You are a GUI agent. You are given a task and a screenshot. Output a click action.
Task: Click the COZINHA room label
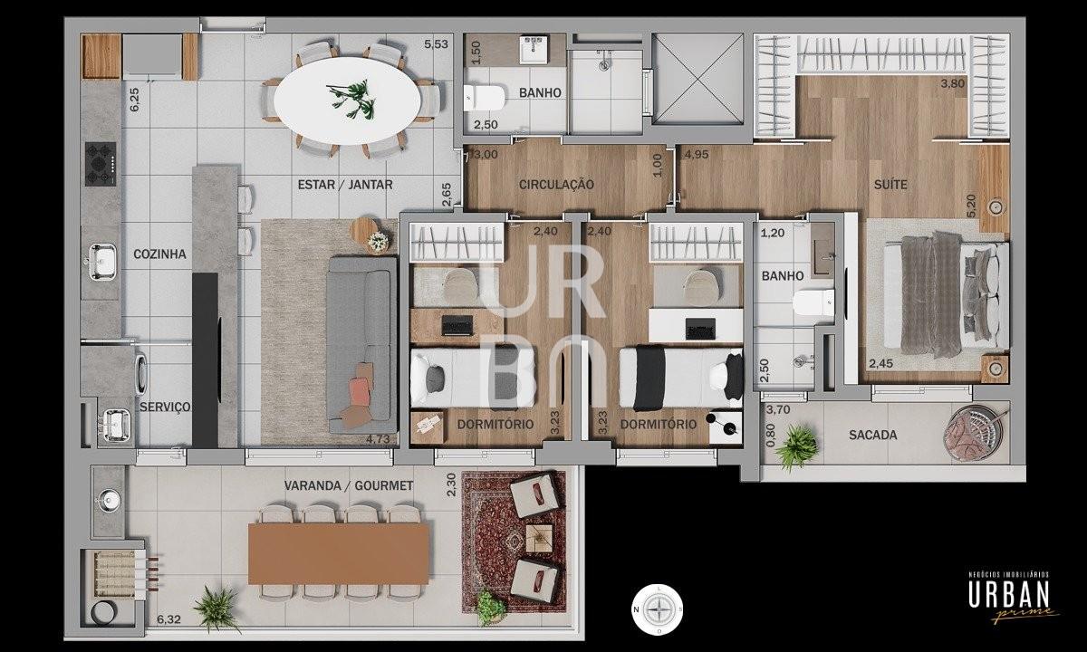(159, 254)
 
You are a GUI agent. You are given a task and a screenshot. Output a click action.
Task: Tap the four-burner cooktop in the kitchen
(101, 164)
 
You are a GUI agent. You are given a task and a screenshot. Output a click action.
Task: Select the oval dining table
(347, 101)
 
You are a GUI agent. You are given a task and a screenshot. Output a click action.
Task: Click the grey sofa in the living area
(362, 345)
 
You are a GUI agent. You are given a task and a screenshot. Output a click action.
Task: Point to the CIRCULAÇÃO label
(556, 185)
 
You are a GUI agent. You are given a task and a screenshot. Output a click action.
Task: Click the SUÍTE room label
(890, 185)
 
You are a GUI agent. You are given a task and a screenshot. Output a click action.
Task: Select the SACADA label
(872, 436)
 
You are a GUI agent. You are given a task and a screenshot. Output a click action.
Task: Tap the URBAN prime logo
(1009, 597)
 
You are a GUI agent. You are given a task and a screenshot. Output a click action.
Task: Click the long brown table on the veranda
(339, 553)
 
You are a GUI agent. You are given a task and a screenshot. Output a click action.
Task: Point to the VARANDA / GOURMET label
(349, 485)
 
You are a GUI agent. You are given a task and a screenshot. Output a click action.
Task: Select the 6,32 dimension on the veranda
(168, 619)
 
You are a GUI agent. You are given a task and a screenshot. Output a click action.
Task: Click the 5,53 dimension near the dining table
(436, 44)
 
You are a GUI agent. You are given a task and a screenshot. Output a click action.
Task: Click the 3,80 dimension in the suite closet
(953, 83)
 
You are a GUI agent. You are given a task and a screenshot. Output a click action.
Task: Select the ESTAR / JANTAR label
(345, 185)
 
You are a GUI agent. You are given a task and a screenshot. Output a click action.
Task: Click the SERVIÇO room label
(165, 407)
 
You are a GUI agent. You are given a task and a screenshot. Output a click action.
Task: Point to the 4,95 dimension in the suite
(697, 155)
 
